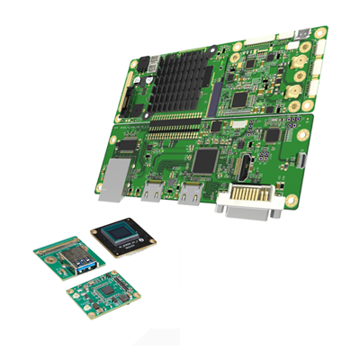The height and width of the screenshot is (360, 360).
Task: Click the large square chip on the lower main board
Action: point(206,160)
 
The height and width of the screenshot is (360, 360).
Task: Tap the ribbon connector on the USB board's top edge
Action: point(61,241)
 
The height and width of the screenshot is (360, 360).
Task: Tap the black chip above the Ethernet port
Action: point(129,144)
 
